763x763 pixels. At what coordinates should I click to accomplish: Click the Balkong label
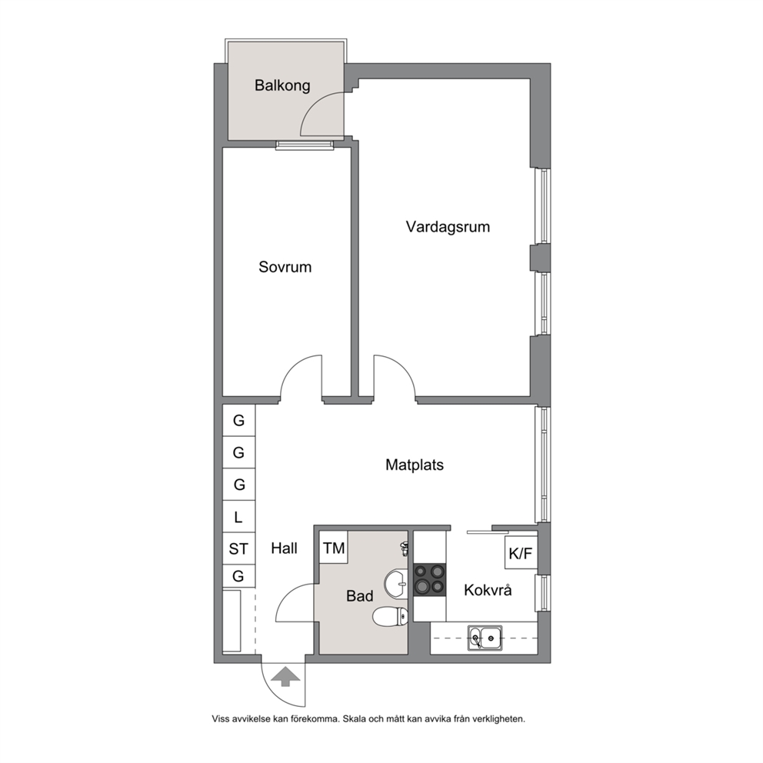(x=282, y=85)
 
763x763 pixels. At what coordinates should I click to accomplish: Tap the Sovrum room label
(x=285, y=267)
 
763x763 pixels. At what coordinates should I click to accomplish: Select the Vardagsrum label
(x=448, y=227)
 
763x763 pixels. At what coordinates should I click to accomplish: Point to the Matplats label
(x=415, y=465)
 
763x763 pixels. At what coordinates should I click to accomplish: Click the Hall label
(x=284, y=548)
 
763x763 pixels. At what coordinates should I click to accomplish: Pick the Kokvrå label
(x=488, y=590)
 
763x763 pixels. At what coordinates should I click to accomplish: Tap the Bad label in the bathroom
(x=360, y=596)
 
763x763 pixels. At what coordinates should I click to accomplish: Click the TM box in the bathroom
(x=333, y=548)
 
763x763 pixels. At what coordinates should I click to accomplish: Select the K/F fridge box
(x=521, y=553)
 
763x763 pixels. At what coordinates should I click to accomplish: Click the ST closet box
(x=238, y=549)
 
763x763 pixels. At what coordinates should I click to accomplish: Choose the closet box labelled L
(x=238, y=517)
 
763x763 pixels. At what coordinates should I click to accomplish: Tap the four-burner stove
(x=430, y=579)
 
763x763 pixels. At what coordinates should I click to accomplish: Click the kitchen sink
(x=485, y=638)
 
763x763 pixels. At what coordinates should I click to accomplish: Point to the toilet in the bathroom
(x=390, y=617)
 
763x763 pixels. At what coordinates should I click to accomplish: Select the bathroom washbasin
(x=397, y=583)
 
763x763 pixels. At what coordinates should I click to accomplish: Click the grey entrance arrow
(x=285, y=677)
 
